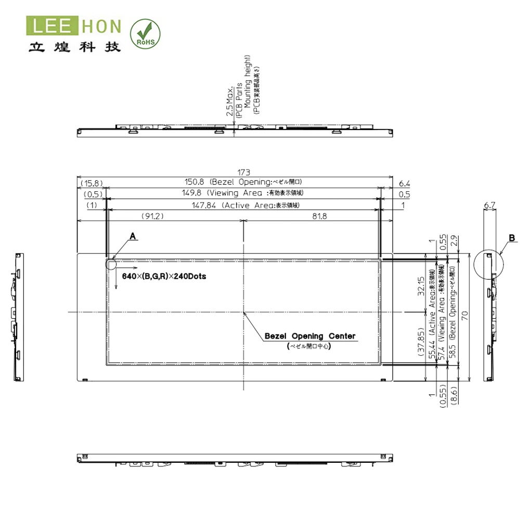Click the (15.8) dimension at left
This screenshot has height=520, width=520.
pos(92,183)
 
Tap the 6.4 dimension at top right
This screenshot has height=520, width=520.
pos(405,183)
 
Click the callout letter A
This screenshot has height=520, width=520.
pos(133,236)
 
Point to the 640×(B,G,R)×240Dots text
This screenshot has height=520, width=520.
pos(164,276)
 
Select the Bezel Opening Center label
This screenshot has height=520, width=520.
pos(310,336)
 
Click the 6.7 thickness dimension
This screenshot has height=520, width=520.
pos(489,205)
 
